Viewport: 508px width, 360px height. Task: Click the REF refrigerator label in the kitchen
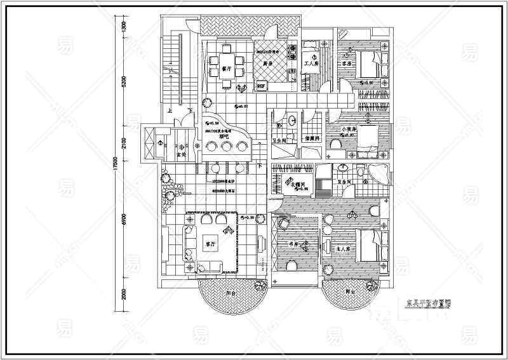260,85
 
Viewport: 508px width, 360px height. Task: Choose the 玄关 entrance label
180,154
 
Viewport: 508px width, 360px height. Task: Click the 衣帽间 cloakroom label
299,182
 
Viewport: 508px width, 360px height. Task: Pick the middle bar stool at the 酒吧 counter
227,147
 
